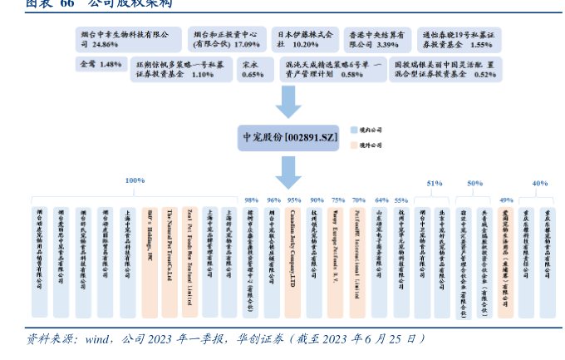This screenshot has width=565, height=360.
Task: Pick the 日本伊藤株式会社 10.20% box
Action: point(303,38)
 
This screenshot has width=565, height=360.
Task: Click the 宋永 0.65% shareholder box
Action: point(252,69)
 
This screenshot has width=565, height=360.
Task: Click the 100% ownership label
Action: point(135,180)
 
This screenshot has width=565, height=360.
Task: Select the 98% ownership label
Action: point(252,200)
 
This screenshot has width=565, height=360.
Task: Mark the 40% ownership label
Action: point(539,183)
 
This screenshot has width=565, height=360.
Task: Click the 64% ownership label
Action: point(381,200)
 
